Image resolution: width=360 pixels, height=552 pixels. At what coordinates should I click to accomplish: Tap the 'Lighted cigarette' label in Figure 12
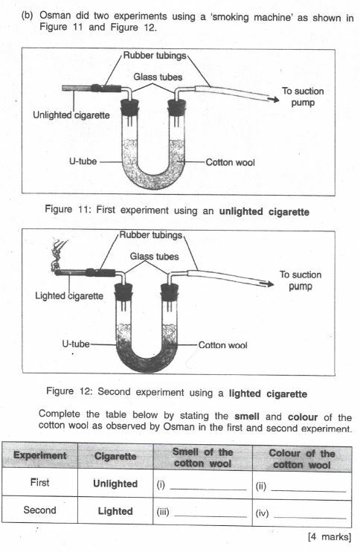[x=69, y=295]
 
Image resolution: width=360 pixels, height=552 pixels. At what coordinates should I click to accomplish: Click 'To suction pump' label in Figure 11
[x=303, y=97]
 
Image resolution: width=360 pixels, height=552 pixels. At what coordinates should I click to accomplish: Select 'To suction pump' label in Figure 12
[x=300, y=280]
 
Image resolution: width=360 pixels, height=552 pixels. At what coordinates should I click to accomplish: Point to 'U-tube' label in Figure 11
[x=83, y=160]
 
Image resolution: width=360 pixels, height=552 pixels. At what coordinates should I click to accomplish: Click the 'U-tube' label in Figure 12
[x=76, y=345]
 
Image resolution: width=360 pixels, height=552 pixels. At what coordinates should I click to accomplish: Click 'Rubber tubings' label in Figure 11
[x=155, y=54]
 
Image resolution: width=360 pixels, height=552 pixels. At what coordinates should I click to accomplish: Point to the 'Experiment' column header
[x=39, y=455]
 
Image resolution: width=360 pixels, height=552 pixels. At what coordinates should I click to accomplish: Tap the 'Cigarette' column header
[x=115, y=455]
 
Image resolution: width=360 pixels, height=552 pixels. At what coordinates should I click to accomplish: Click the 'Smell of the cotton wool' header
[x=202, y=458]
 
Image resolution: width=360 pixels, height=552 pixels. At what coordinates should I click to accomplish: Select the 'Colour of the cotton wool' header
[x=301, y=458]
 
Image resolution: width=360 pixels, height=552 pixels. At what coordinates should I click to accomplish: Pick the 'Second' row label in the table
[x=39, y=511]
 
